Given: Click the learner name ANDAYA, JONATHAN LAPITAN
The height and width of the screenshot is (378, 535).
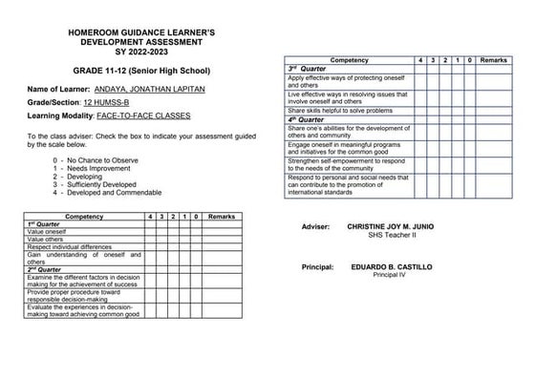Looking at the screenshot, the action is coord(158,90).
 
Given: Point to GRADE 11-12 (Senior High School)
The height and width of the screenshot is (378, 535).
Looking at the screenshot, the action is coord(141,71).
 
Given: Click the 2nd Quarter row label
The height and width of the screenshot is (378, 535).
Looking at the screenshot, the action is coord(45,270).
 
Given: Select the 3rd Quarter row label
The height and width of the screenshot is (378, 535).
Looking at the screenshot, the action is coord(308,69).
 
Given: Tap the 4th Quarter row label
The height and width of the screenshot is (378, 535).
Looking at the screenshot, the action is coord(307,119).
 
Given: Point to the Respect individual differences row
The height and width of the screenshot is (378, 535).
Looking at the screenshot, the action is coord(71,247).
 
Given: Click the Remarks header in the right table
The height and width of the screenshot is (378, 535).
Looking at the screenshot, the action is coord(493,59).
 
